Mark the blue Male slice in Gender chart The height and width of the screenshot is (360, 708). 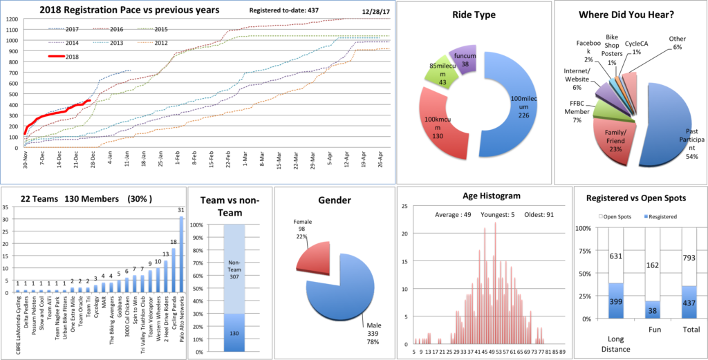pos(346,290)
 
